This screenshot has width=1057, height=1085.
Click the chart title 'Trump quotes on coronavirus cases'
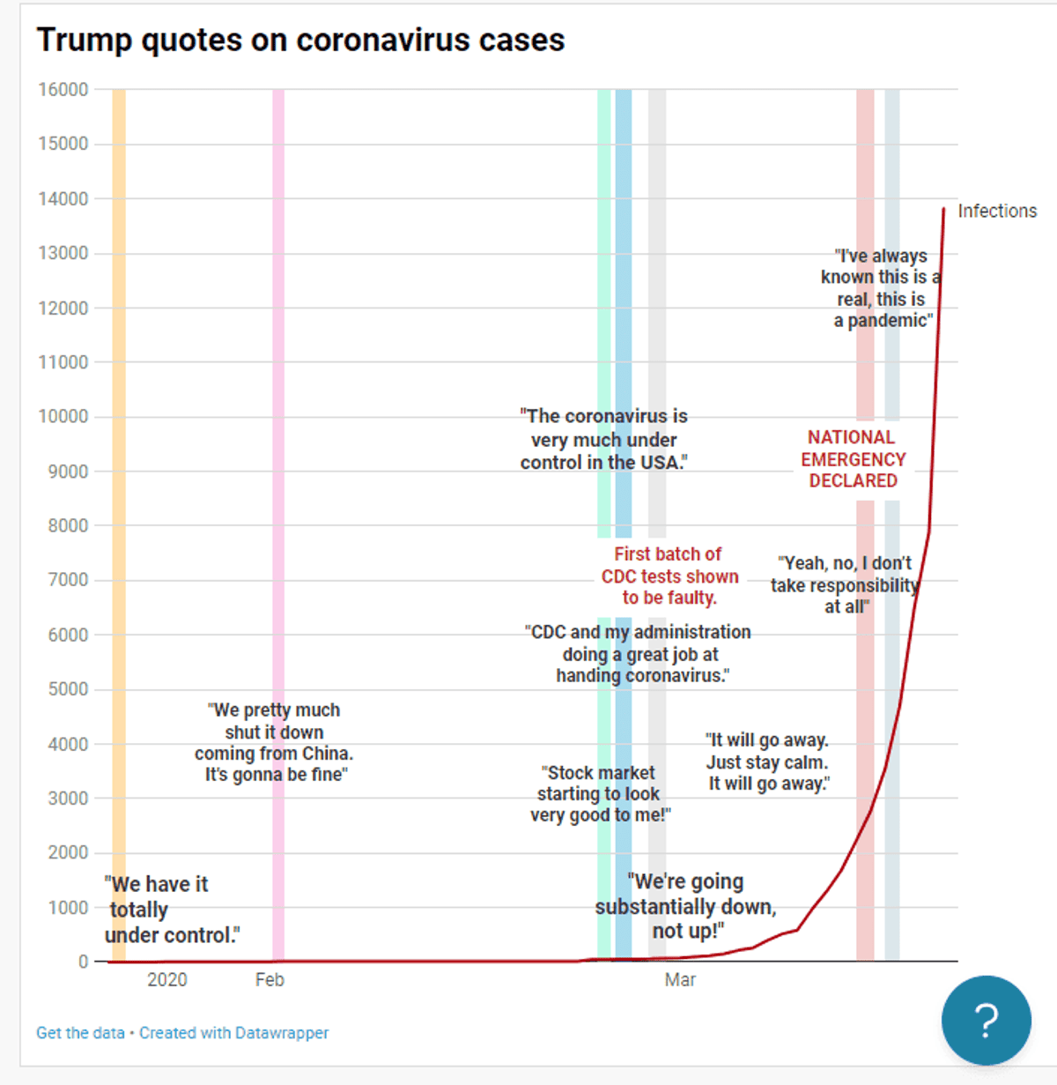click(x=300, y=41)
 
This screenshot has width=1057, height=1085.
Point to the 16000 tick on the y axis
click(x=63, y=90)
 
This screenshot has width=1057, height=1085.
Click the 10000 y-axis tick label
click(x=63, y=417)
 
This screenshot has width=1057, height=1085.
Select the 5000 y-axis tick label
click(x=68, y=689)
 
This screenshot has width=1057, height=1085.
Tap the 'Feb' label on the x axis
click(x=270, y=980)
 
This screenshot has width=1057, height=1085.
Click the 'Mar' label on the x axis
click(x=680, y=980)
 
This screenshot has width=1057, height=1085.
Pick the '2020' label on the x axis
click(x=167, y=980)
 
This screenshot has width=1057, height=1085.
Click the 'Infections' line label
click(x=997, y=212)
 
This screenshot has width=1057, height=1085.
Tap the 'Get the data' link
click(x=80, y=1033)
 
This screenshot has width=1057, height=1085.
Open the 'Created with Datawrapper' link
click(x=233, y=1033)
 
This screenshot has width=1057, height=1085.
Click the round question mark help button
click(x=986, y=1020)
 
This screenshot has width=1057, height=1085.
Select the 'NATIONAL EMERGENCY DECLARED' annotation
click(x=853, y=459)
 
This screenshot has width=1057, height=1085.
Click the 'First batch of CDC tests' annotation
click(x=669, y=576)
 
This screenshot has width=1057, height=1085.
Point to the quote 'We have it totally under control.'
click(x=171, y=910)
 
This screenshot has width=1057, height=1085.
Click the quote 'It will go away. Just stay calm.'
click(x=768, y=762)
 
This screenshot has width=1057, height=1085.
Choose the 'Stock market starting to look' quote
click(x=600, y=794)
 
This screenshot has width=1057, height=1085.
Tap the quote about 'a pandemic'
click(x=881, y=288)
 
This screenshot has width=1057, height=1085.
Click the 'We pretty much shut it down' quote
click(x=274, y=743)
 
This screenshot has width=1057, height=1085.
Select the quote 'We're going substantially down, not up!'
click(x=685, y=906)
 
